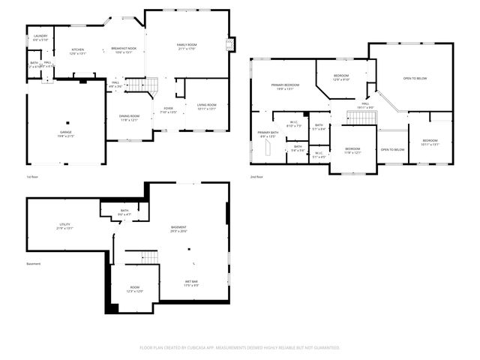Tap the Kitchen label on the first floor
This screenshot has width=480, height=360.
tap(78, 51)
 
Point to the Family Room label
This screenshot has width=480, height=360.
tap(186, 46)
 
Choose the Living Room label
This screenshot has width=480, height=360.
tap(206, 106)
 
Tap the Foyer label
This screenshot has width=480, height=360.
tap(168, 110)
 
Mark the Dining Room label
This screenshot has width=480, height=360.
tap(129, 118)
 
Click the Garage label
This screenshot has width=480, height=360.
tap(66, 133)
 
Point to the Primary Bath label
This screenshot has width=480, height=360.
tap(268, 134)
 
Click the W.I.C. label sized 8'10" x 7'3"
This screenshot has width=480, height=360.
tap(293, 124)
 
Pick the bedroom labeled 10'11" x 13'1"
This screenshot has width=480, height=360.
tap(429, 142)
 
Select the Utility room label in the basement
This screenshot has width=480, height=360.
tap(66, 226)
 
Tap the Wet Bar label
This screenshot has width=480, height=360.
tap(191, 283)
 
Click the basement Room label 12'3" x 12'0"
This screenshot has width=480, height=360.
tap(134, 289)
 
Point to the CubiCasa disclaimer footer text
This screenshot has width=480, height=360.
tap(240, 347)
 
